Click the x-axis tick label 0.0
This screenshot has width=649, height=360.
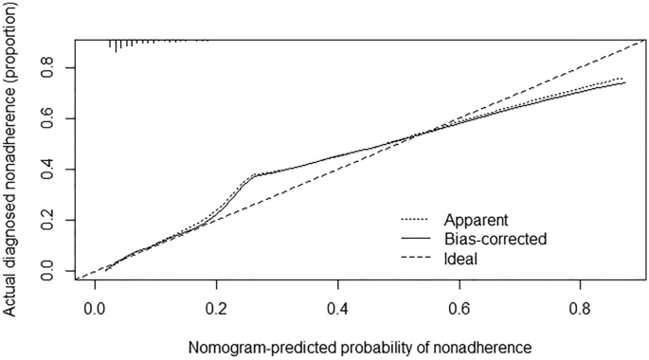click(95, 309)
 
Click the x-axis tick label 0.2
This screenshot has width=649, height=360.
click(216, 309)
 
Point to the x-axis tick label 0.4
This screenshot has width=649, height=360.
click(338, 309)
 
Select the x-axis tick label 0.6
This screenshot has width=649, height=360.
click(460, 309)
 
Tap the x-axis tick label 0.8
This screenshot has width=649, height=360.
click(582, 309)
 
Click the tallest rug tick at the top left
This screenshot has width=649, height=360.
click(117, 45)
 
